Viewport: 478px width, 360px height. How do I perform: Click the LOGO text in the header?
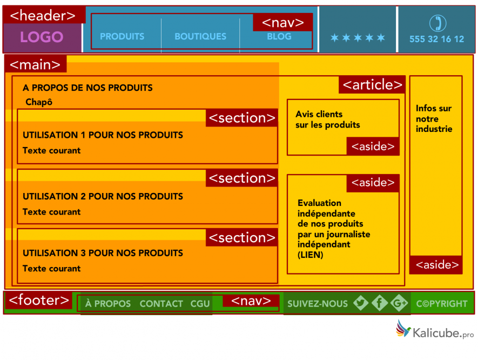tap(42, 37)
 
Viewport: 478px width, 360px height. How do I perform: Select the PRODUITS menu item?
tap(122, 37)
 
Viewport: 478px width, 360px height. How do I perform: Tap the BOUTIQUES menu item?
tap(200, 37)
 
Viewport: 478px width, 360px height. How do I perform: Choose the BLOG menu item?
tap(279, 37)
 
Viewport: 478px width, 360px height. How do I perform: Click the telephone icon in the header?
tap(437, 23)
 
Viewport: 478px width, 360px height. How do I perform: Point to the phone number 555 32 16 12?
tap(436, 39)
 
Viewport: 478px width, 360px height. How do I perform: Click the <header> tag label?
tap(43, 16)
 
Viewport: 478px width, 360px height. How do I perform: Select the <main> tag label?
tap(36, 65)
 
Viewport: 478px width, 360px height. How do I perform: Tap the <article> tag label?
tap(373, 85)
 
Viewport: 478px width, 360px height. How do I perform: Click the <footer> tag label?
tap(39, 299)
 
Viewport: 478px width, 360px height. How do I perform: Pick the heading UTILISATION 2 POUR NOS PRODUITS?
tap(103, 197)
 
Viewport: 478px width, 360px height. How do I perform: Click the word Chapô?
tap(39, 102)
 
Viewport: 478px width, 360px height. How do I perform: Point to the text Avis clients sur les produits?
tap(327, 119)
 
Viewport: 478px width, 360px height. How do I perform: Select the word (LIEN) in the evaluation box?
tap(310, 255)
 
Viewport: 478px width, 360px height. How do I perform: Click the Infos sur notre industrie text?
tap(434, 118)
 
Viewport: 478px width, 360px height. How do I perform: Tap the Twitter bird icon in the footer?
tap(360, 304)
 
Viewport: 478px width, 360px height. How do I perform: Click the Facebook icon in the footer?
tap(380, 304)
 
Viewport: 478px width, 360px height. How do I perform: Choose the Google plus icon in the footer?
tap(399, 304)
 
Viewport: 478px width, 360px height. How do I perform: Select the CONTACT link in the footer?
tap(161, 304)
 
